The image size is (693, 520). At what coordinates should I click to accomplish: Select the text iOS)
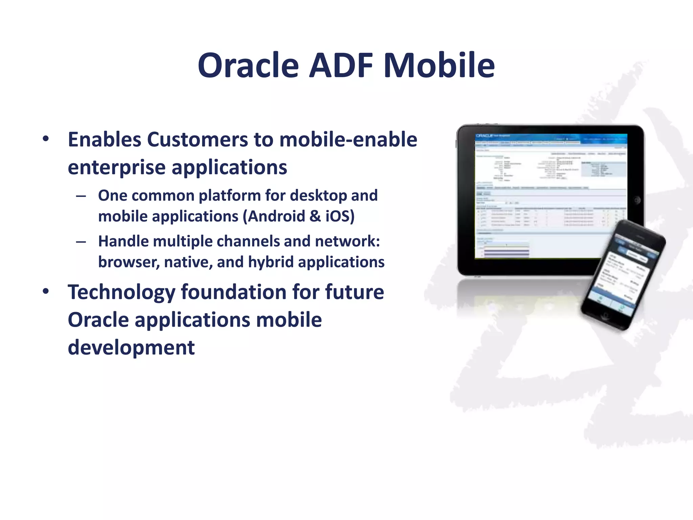(x=340, y=216)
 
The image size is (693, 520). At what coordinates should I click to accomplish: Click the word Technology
(x=121, y=292)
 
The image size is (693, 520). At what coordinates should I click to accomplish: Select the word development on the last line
(x=131, y=348)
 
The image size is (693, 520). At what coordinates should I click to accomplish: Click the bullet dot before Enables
(x=46, y=139)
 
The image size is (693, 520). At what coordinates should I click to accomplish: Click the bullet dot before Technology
(x=46, y=291)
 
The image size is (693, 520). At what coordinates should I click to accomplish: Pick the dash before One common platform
(x=81, y=196)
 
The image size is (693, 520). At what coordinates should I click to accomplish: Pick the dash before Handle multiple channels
(x=81, y=242)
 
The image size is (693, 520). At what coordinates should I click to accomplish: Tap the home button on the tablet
(x=637, y=200)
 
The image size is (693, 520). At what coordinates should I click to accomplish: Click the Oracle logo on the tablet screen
(x=484, y=136)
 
